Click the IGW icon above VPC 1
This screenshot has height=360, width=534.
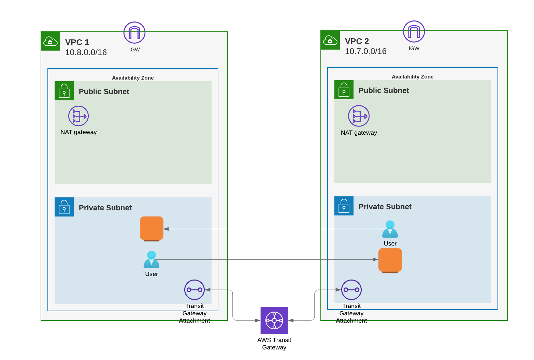point(134,33)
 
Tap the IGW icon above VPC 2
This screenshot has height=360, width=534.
point(414,32)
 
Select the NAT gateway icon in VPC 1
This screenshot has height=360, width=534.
point(78,116)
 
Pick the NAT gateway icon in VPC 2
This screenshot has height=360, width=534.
point(359,116)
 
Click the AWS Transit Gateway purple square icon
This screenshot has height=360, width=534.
point(274,320)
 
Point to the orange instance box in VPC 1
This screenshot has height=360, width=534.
point(151,228)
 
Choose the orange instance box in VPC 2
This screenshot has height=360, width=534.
point(390,260)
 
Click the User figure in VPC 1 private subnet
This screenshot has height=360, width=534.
point(151,260)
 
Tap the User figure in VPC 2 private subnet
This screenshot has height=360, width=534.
point(390,229)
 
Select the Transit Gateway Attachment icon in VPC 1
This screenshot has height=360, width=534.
point(194,290)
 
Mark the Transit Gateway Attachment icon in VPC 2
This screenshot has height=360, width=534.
point(351,290)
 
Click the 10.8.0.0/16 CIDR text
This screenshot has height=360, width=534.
point(86,52)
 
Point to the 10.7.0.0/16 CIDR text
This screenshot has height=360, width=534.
point(366,51)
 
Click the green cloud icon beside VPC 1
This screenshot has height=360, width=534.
point(50,41)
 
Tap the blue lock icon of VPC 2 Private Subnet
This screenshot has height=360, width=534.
point(344,206)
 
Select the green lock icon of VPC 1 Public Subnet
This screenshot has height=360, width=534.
point(64,91)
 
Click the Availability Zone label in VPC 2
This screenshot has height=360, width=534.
point(413,77)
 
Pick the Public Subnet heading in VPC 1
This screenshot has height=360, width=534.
point(104,92)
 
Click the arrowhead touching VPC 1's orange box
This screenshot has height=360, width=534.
point(166,229)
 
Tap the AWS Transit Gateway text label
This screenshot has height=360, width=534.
point(274,344)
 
